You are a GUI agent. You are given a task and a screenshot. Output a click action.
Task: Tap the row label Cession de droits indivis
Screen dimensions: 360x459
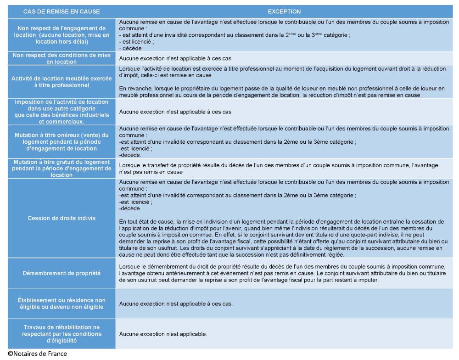62,218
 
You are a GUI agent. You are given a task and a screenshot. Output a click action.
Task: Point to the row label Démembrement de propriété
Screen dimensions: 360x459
62,273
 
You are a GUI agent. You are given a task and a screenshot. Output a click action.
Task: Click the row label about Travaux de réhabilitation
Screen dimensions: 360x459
62,334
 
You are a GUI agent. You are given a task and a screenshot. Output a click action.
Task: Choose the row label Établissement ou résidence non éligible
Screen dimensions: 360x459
62,304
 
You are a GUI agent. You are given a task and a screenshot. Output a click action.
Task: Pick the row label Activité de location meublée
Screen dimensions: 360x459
62,81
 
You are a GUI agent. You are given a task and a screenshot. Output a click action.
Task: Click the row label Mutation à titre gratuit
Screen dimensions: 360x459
62,168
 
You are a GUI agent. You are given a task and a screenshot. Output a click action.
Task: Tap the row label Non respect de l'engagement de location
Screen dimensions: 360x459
62,34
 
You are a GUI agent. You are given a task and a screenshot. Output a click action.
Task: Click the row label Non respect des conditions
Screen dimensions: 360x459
62,58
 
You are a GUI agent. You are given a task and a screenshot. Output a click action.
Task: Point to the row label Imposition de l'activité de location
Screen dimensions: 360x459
62,112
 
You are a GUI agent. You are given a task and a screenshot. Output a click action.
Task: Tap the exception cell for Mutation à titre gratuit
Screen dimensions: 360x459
285,168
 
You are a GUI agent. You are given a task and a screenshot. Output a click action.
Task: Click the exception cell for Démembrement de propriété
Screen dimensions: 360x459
285,273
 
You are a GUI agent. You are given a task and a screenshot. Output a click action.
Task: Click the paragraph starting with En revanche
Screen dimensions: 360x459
285,92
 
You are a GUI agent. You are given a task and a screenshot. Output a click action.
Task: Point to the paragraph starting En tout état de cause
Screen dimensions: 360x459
285,239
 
